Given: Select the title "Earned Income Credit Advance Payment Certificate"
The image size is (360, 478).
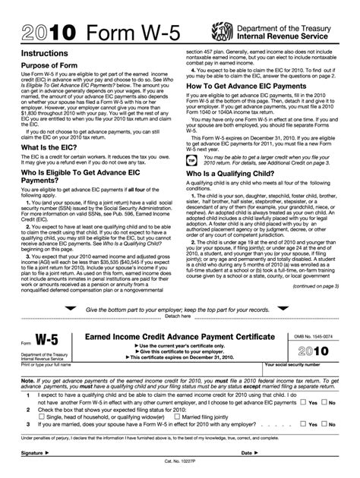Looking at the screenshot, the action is [181, 336].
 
